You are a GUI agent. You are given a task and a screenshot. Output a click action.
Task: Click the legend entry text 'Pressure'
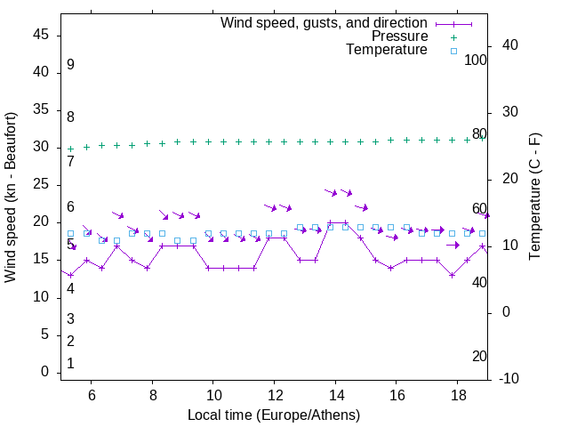tap(400, 36)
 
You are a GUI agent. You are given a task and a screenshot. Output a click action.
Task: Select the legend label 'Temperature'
tap(387, 50)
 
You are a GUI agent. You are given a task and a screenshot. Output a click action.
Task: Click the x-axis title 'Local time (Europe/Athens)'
tap(274, 415)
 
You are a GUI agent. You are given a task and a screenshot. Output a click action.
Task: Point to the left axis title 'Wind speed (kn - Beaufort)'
tap(11, 197)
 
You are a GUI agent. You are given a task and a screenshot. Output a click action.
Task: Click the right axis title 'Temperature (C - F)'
tap(534, 197)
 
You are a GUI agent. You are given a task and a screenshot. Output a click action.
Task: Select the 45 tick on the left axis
tap(42, 34)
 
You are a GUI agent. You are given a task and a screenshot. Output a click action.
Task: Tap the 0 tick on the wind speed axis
tap(45, 373)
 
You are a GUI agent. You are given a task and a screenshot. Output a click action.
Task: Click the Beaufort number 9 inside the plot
tap(70, 65)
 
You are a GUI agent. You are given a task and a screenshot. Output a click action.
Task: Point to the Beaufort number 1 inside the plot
tap(70, 363)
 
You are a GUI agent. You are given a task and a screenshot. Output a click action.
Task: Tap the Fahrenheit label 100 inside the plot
tap(476, 60)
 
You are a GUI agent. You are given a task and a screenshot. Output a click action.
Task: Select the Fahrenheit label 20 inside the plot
tap(479, 356)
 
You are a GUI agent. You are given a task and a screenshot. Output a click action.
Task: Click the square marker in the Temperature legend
tap(453, 51)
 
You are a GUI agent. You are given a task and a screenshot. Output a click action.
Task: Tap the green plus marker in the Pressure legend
tap(453, 37)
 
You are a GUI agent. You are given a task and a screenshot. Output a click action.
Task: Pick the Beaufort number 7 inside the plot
tap(70, 161)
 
